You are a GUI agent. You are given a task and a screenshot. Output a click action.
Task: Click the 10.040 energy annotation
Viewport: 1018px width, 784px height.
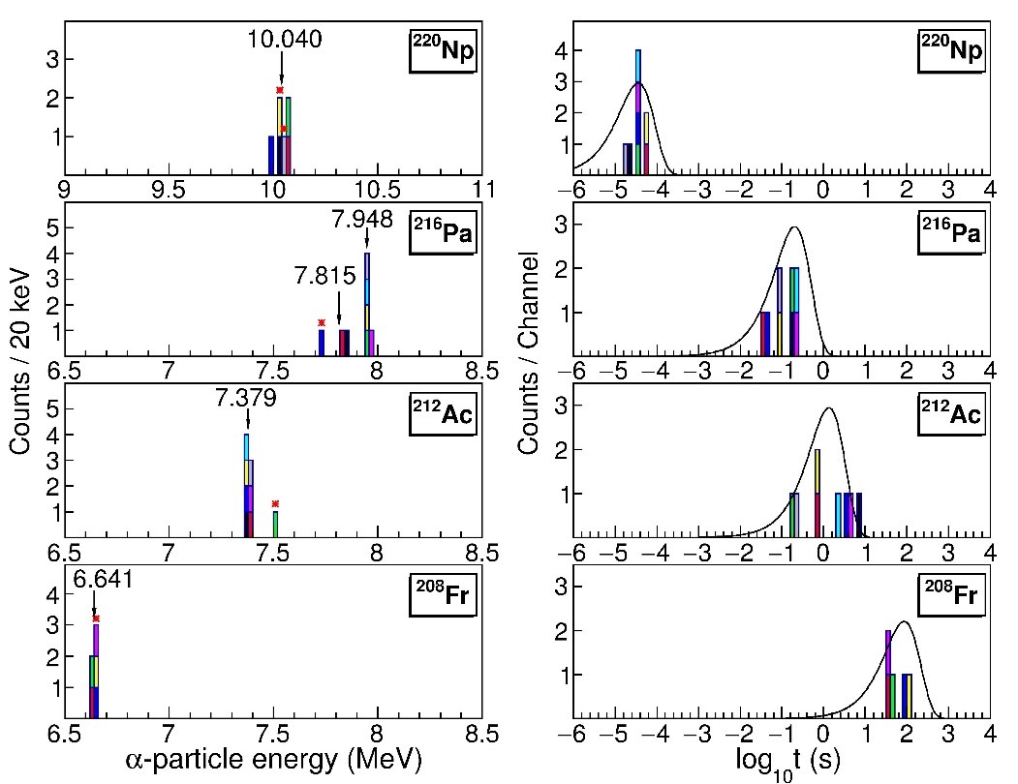point(282,40)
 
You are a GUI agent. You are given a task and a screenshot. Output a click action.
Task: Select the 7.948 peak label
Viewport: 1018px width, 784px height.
point(362,220)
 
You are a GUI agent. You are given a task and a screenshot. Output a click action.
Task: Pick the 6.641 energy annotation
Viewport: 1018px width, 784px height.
point(104,580)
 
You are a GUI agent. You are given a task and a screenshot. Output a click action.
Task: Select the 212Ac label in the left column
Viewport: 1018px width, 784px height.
point(444,416)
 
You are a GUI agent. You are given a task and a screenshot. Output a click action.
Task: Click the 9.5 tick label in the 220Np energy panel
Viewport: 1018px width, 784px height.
point(170,188)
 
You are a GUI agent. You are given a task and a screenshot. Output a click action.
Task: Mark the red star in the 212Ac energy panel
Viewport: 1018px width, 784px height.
point(275,503)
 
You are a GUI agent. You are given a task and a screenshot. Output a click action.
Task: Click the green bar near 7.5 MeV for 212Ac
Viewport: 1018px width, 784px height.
point(275,523)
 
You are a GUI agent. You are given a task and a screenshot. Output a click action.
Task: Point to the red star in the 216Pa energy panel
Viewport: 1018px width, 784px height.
point(321,322)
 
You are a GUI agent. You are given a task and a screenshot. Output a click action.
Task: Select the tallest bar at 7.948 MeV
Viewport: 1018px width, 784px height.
point(367,297)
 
